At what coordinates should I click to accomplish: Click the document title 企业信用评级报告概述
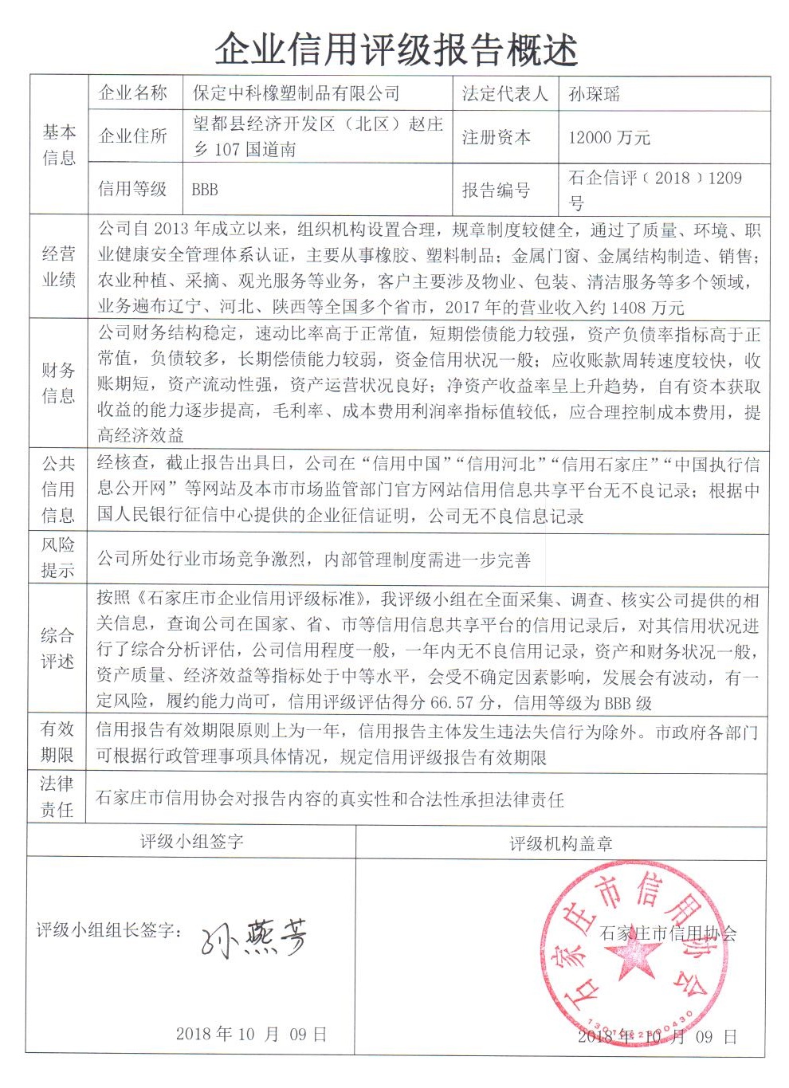click(x=396, y=49)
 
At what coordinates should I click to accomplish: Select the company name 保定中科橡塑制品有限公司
click(x=296, y=93)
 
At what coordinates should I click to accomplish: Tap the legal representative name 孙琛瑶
click(x=595, y=95)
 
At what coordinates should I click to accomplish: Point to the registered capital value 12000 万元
click(x=609, y=138)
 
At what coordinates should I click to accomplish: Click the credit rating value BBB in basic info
click(x=205, y=190)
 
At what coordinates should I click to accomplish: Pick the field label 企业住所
click(x=132, y=136)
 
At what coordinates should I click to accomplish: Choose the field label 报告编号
click(x=496, y=190)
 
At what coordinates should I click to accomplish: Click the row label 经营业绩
click(x=58, y=266)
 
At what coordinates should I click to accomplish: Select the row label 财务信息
click(x=58, y=383)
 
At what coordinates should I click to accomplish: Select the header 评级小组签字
click(x=192, y=841)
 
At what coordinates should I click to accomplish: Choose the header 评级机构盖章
click(x=560, y=843)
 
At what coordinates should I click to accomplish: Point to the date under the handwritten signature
click(x=252, y=1034)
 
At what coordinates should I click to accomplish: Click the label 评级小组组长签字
click(x=110, y=929)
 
